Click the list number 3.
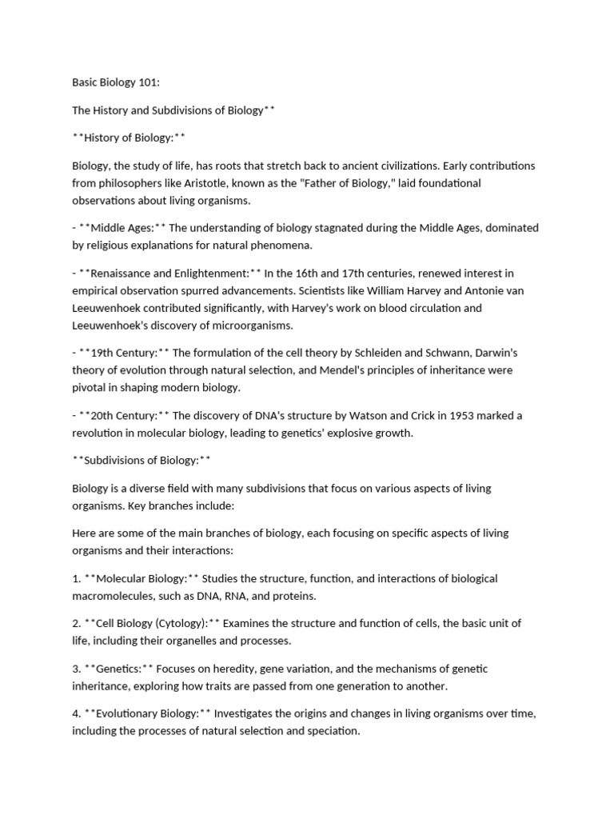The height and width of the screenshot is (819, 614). (75, 669)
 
